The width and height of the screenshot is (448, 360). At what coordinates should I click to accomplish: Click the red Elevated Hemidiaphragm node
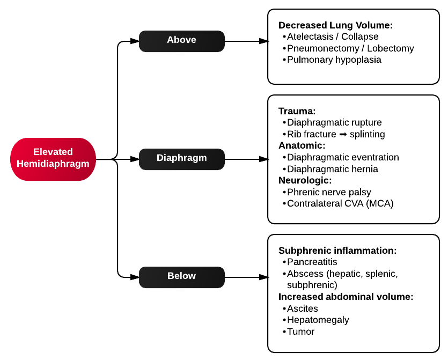(53, 158)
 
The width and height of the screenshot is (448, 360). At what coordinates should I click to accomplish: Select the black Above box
(181, 40)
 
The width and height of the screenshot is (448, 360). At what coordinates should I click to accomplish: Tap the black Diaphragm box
(181, 158)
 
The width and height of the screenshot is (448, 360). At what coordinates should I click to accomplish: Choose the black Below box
(181, 276)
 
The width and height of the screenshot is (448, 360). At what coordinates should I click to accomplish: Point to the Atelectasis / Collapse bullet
(333, 36)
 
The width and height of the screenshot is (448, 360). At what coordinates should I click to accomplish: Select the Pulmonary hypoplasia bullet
(334, 60)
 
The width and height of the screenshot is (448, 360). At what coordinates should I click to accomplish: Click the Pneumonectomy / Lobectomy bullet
(350, 48)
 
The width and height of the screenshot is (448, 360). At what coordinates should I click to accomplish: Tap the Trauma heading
(297, 111)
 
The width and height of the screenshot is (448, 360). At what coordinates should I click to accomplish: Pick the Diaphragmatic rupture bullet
(334, 122)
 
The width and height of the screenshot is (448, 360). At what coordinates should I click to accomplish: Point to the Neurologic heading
(305, 180)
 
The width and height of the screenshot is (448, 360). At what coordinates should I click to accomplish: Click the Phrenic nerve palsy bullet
(329, 192)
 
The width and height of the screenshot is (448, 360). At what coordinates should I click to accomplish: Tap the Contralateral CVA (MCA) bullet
(340, 203)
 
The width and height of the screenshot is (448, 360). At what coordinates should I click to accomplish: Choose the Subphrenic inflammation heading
(337, 251)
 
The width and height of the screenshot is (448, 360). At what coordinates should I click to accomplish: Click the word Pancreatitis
(312, 262)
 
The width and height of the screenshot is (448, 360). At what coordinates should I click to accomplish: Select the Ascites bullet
(303, 308)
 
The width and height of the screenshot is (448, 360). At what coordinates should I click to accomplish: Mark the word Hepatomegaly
(318, 320)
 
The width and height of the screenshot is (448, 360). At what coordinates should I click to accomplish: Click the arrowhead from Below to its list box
(263, 277)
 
